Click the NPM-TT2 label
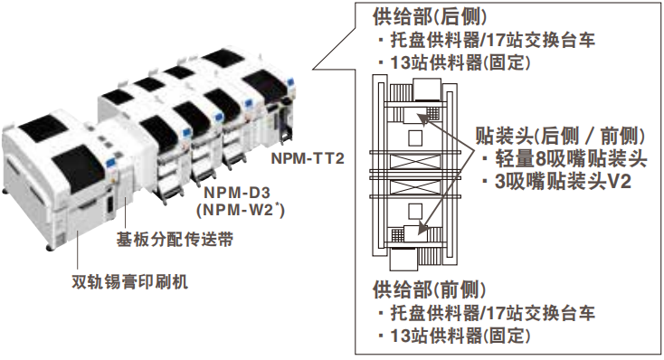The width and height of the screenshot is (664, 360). point(308,158)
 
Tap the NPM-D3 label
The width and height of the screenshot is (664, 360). point(237,193)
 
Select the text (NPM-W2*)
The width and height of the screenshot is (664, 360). point(240,210)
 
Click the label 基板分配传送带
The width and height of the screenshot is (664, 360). point(175,240)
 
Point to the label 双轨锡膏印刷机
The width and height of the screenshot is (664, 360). point(130,281)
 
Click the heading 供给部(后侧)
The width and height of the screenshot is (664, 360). point(430,17)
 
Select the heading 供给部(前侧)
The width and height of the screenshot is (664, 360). point(430,289)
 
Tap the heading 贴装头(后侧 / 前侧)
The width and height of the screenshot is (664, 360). point(560,136)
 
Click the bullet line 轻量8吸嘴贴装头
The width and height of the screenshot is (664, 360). point(564,159)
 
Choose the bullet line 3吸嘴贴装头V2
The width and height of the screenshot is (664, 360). point(557,182)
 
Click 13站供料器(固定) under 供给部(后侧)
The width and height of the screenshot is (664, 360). point(454,63)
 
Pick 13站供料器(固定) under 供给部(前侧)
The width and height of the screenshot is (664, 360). point(454,336)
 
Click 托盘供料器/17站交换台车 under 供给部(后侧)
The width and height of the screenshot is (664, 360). point(487,40)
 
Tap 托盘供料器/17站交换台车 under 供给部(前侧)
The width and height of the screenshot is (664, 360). point(487,313)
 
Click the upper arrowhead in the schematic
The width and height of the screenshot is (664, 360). point(422,118)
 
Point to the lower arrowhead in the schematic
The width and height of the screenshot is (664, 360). point(423,228)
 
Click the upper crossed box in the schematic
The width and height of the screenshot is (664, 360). point(415,162)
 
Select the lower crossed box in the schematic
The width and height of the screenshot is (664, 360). point(415,186)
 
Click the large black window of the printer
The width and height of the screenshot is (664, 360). point(79,166)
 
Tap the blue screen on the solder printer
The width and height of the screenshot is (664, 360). point(111,161)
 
